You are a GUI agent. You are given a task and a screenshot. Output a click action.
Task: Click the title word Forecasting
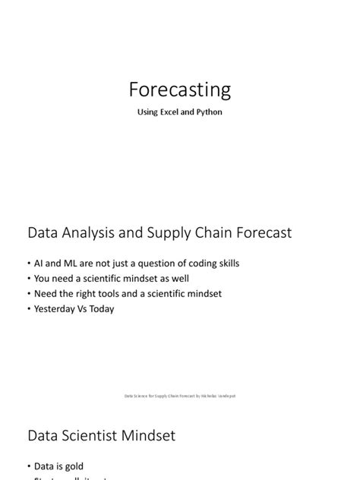point(180,90)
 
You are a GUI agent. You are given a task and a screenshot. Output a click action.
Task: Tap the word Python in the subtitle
point(207,114)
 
